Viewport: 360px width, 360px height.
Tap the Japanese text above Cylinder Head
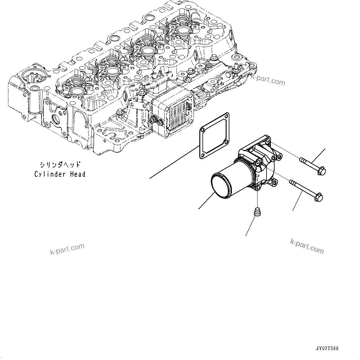[60, 164]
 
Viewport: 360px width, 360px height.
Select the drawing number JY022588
[327, 348]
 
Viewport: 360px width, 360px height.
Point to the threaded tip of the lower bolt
[292, 182]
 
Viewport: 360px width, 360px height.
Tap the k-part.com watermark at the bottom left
[67, 249]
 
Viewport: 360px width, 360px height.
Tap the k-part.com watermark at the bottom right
[307, 246]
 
